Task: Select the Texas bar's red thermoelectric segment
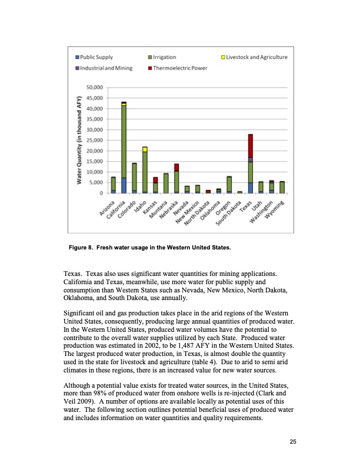pyautogui.click(x=250, y=146)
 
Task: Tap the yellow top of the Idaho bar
pyautogui.click(x=145, y=149)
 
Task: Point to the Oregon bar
pyautogui.click(x=229, y=184)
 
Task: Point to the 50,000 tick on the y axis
pyautogui.click(x=94, y=88)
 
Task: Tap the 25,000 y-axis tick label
pyautogui.click(x=94, y=140)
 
